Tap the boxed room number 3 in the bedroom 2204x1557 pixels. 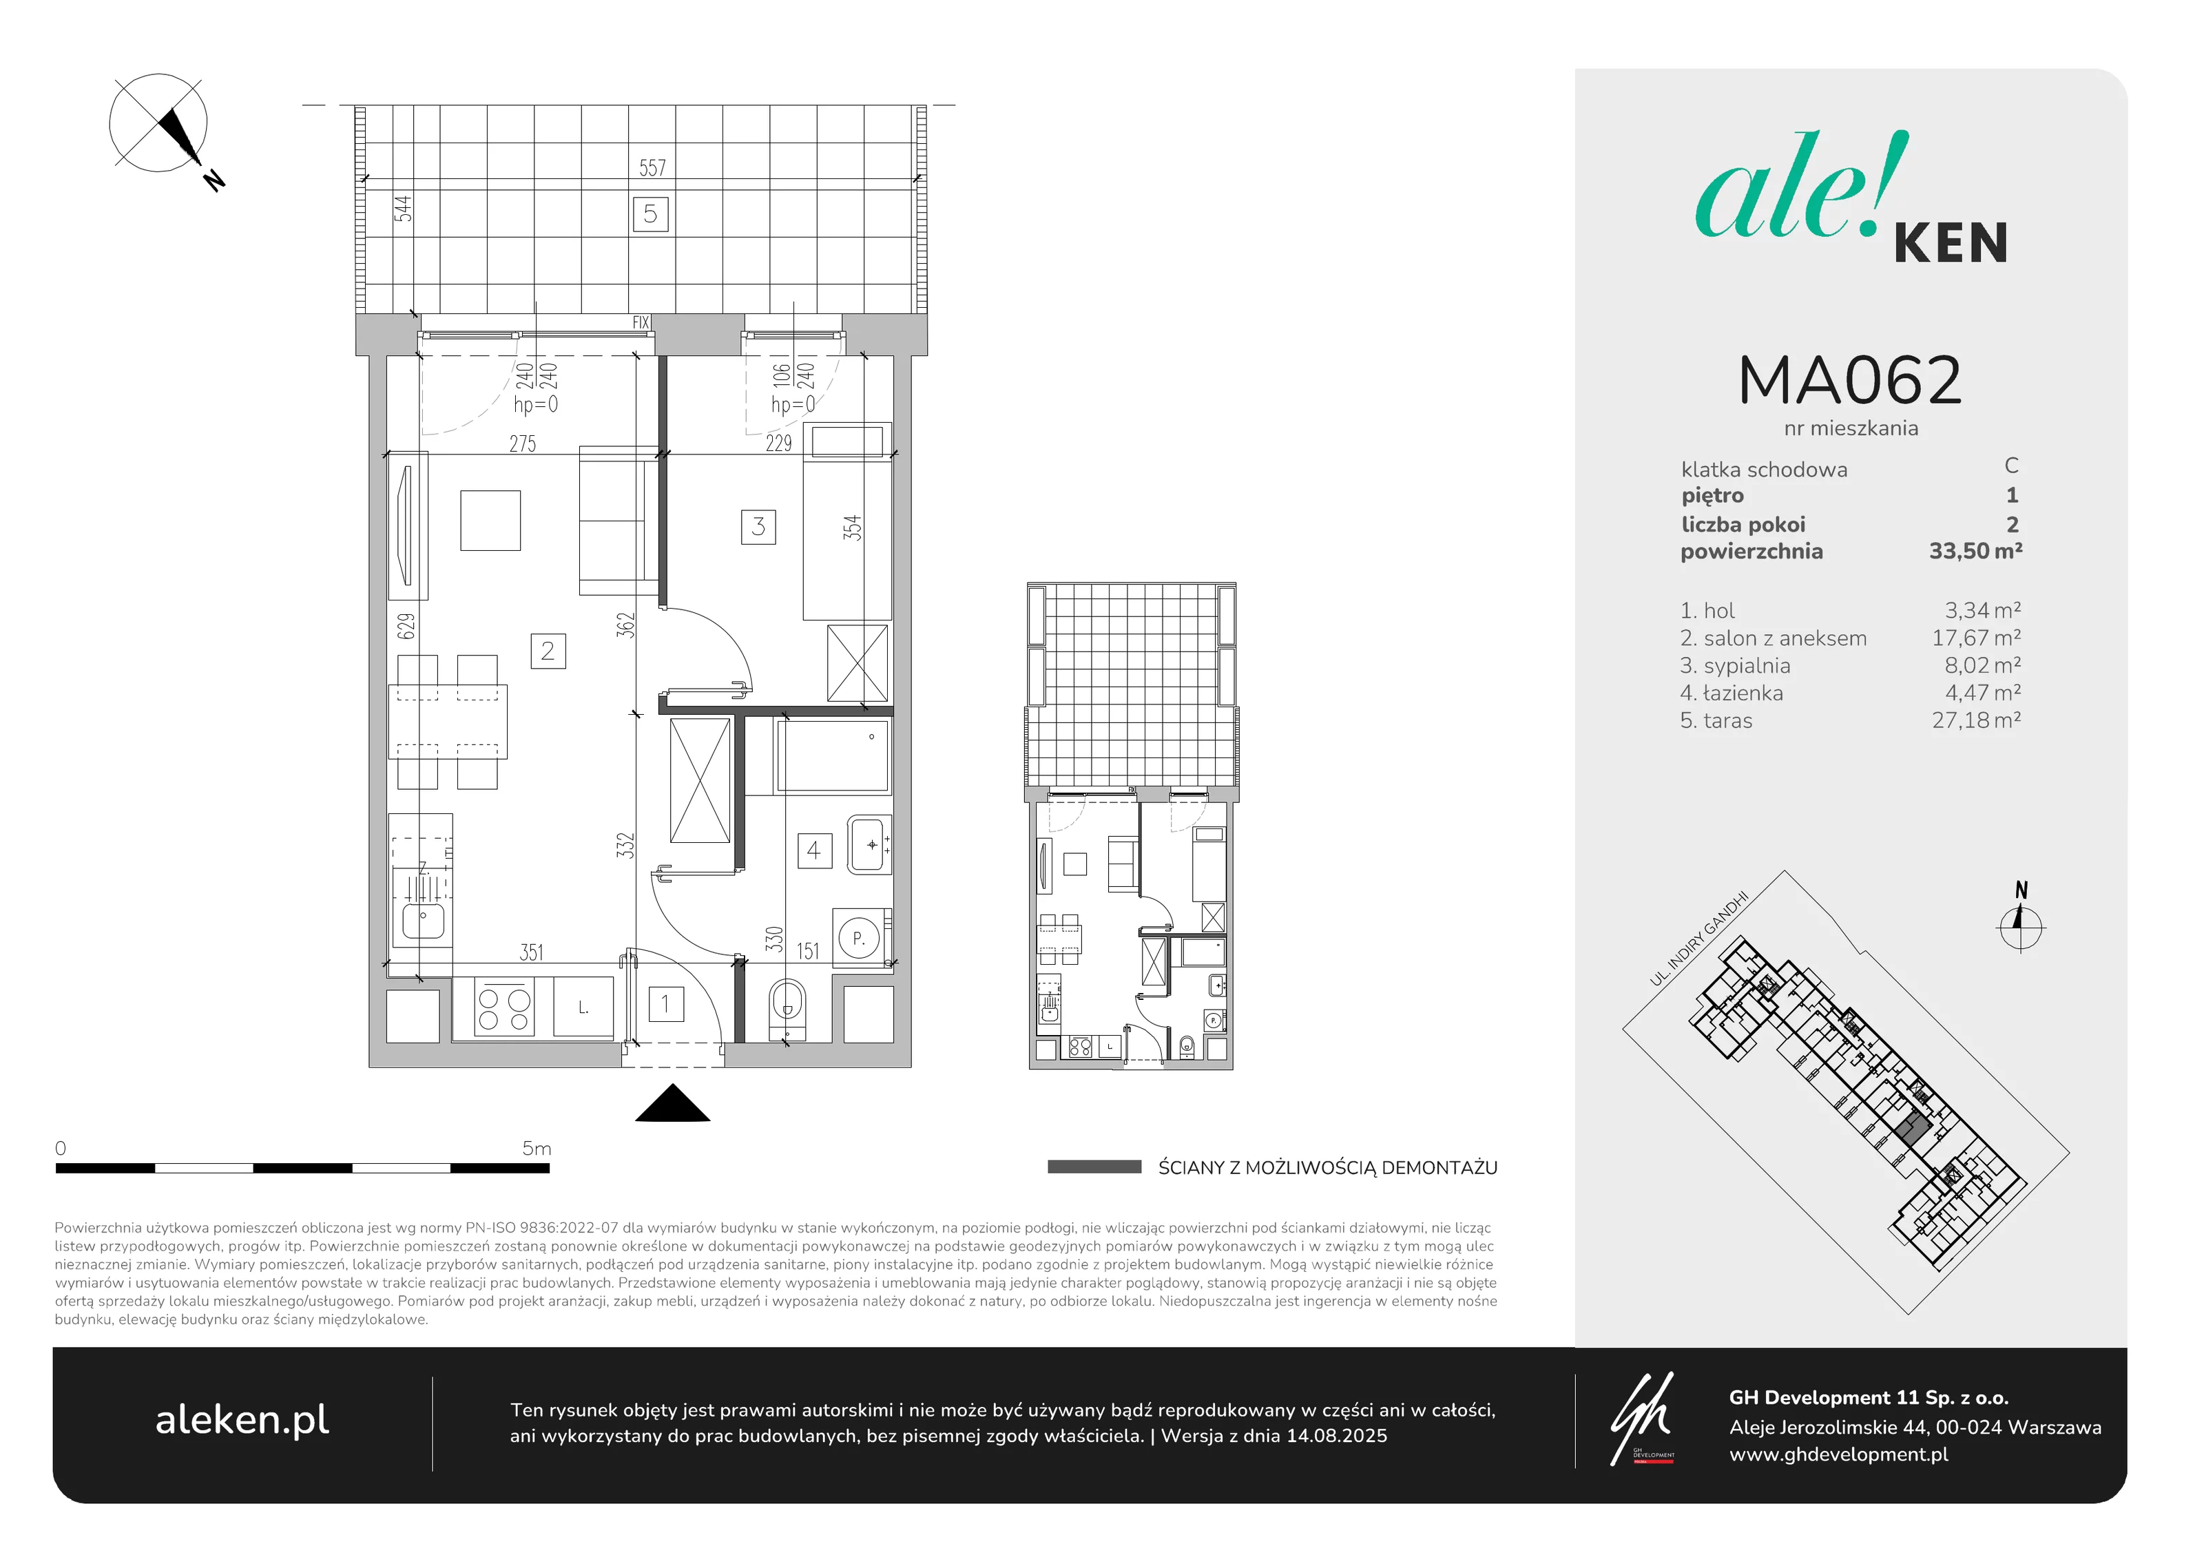click(x=758, y=526)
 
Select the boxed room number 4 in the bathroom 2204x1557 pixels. click(x=814, y=850)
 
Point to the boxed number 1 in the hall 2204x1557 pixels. click(x=665, y=1004)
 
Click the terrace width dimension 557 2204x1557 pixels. click(x=653, y=168)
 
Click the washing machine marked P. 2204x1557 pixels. click(x=859, y=938)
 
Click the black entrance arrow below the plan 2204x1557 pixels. click(x=673, y=1104)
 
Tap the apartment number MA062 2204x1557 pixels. click(x=1850, y=380)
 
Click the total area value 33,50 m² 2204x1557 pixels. click(x=1975, y=551)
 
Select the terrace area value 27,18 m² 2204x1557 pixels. click(x=1975, y=720)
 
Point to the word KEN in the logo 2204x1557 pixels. click(x=1951, y=243)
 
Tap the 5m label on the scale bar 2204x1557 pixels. click(x=537, y=1148)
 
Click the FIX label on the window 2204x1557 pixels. click(x=641, y=322)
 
